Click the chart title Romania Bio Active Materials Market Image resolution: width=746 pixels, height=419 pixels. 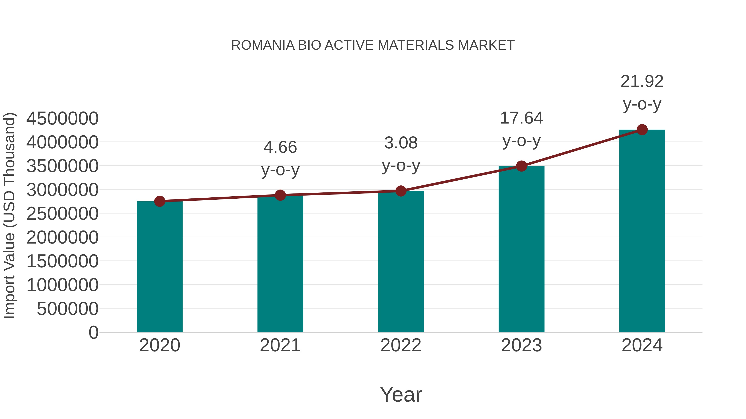[373, 45]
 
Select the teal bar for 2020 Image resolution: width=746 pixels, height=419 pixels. [160, 268]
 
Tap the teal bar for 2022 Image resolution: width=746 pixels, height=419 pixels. [401, 262]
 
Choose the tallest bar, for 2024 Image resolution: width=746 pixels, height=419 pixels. [642, 231]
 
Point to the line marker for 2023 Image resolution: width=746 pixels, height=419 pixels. [521, 166]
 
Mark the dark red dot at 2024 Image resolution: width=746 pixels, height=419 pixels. [642, 130]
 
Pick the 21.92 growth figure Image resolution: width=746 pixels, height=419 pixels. [642, 81]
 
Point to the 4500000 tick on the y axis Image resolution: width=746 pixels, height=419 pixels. [62, 118]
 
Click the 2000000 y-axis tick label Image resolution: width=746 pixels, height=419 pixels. [62, 237]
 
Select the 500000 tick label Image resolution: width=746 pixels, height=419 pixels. [68, 309]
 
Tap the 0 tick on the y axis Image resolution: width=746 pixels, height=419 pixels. [93, 333]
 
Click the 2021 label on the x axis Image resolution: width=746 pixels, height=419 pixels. [280, 345]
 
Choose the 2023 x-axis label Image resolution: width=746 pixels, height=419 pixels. [521, 345]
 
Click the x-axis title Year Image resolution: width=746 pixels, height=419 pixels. [401, 394]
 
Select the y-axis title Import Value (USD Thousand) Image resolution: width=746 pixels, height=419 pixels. [9, 215]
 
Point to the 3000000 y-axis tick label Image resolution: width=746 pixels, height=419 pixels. [62, 190]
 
